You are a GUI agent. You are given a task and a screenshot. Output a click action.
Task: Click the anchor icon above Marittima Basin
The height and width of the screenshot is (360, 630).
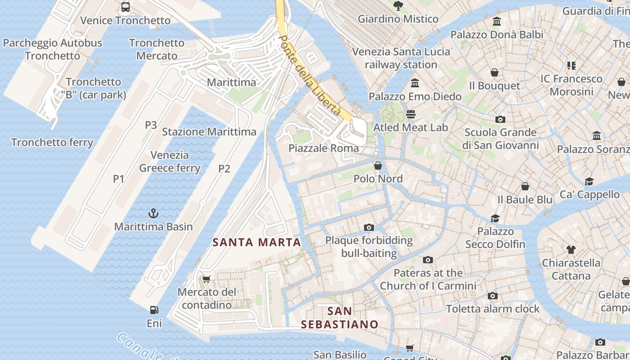coord(154,213)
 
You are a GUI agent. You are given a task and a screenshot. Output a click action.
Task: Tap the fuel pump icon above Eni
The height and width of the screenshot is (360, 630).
coord(154,310)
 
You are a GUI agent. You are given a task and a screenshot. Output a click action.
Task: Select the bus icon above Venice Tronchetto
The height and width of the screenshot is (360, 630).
coord(126,7)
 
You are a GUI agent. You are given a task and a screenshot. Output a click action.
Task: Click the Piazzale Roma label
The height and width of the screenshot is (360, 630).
coord(324,148)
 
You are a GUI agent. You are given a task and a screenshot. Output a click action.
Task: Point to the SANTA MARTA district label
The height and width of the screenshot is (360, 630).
coord(256,242)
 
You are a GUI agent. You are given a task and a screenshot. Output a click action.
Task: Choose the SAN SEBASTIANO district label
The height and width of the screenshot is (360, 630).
coord(340,317)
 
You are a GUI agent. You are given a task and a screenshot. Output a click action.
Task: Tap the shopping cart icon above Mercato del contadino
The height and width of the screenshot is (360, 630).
coord(207,279)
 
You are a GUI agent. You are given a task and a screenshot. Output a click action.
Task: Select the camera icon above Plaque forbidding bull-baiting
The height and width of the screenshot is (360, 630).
coord(369,227)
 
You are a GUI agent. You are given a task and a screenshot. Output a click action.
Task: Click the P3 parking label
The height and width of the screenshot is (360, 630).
coord(151,125)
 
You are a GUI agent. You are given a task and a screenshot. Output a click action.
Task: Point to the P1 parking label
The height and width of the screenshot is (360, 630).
coord(118,179)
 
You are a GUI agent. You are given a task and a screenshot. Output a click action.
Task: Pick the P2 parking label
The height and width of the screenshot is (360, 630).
coord(224,169)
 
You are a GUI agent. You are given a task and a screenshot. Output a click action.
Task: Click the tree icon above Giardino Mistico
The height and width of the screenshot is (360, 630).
coord(398,6)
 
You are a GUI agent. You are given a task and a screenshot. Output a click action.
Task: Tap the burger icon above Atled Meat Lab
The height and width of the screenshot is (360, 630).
coord(411,114)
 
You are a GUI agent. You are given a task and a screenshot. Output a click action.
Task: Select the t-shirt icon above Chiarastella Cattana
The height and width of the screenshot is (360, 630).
coord(571,250)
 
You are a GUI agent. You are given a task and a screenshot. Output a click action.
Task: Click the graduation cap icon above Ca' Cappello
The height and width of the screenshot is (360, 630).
coord(589,181)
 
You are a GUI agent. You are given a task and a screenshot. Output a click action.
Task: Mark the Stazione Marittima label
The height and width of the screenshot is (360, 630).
coord(209,132)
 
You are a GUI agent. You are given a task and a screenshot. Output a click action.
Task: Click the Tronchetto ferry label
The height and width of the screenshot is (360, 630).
coord(52,143)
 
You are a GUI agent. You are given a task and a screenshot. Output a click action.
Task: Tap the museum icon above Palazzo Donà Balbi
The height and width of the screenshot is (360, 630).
coord(497,22)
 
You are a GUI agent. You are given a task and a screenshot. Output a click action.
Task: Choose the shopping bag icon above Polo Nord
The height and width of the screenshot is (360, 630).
coord(378,166)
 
